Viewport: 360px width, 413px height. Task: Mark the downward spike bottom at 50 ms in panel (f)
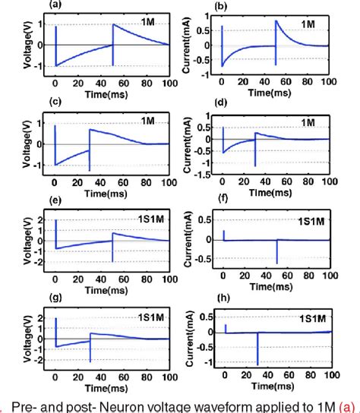275,263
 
